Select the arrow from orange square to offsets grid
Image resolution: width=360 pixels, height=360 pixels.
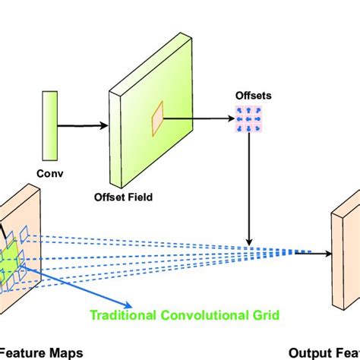tap(199, 118)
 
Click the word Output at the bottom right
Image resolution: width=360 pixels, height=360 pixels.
tap(308, 352)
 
